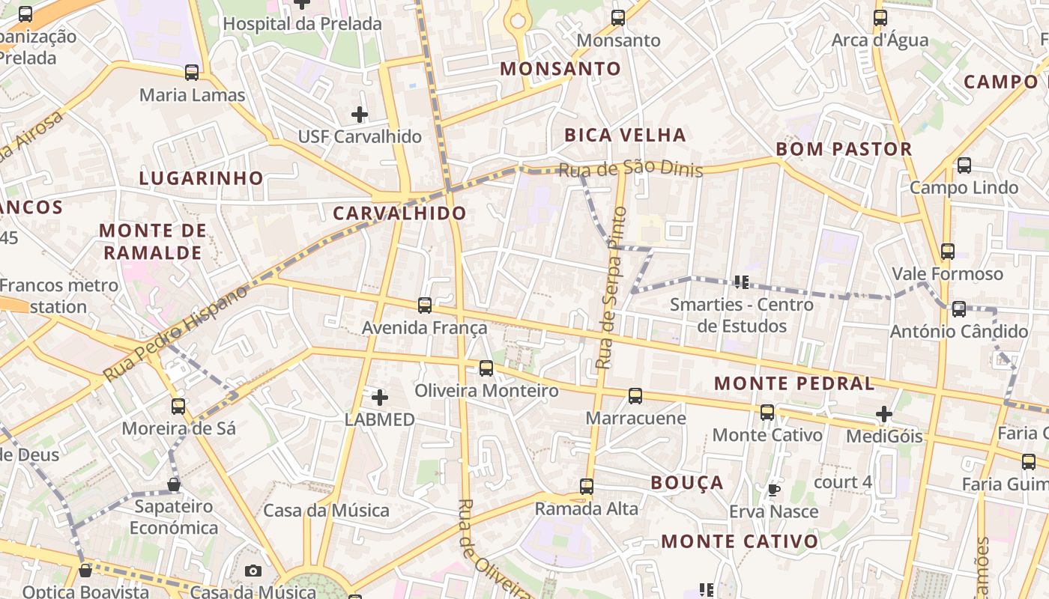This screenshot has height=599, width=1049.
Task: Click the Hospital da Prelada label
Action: pyautogui.click(x=302, y=24)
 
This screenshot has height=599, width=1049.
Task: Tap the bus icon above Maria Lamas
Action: pyautogui.click(x=192, y=73)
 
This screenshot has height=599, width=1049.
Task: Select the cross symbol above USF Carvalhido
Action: pyautogui.click(x=360, y=115)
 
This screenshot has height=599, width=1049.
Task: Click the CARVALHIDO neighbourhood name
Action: pyautogui.click(x=399, y=213)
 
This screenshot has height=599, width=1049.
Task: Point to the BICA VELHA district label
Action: pyautogui.click(x=625, y=136)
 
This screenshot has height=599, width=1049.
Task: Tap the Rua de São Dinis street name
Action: pyautogui.click(x=631, y=170)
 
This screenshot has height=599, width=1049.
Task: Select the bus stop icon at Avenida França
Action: pyautogui.click(x=425, y=305)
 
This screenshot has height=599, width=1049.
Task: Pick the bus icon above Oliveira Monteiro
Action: pyautogui.click(x=486, y=368)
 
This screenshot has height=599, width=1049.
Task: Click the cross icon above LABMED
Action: pyautogui.click(x=380, y=398)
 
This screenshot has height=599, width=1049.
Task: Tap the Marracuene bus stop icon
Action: pyautogui.click(x=635, y=396)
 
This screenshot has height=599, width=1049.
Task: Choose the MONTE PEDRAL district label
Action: pyautogui.click(x=794, y=384)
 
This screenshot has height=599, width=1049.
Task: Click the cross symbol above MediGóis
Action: pyautogui.click(x=884, y=414)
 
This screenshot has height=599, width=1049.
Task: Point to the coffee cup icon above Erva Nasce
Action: pyautogui.click(x=773, y=490)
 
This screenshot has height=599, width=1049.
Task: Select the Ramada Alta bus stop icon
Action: pyautogui.click(x=587, y=487)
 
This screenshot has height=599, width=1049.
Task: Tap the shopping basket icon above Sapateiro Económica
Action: pyautogui.click(x=174, y=484)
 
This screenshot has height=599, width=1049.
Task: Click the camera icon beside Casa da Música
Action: pyautogui.click(x=253, y=571)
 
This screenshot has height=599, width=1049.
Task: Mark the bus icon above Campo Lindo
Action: pyautogui.click(x=964, y=165)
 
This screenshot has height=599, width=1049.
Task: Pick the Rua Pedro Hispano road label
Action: pyautogui.click(x=175, y=333)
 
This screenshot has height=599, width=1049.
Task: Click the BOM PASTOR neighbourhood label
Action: pyautogui.click(x=844, y=149)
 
